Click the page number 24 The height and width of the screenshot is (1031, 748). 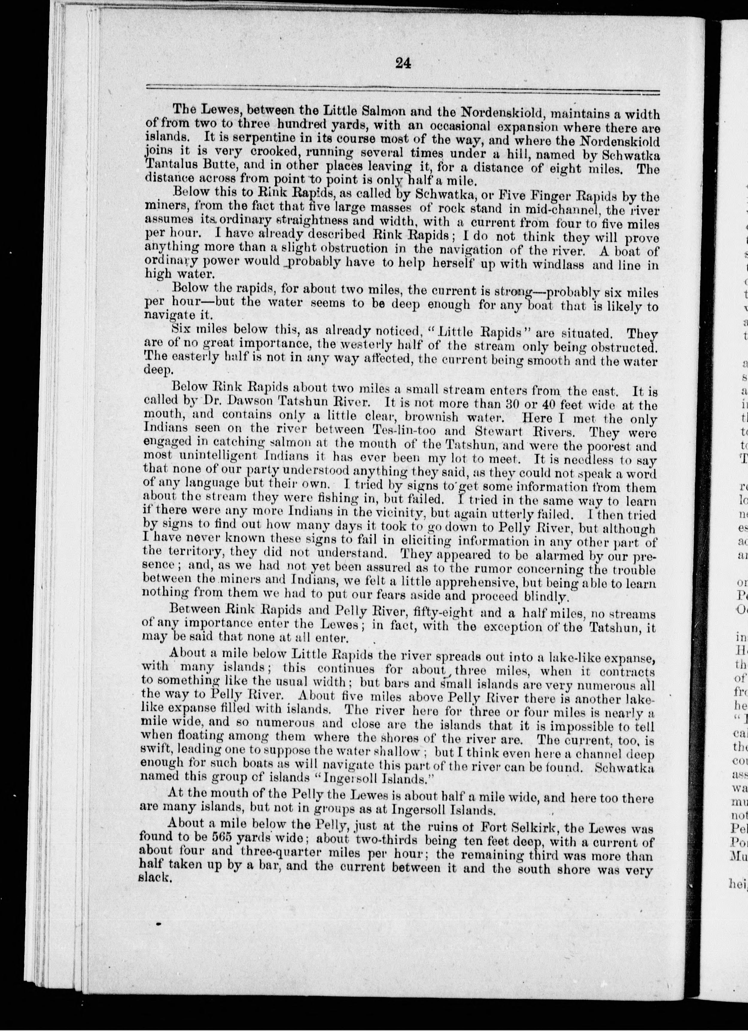[403, 64]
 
